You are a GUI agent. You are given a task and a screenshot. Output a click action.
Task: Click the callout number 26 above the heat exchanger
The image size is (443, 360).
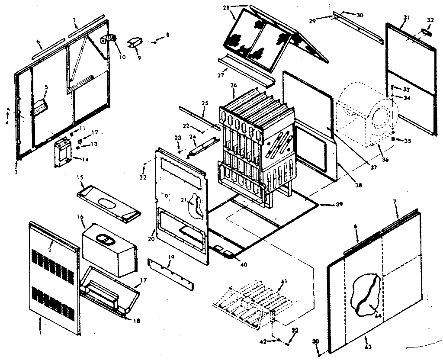pos(233,86)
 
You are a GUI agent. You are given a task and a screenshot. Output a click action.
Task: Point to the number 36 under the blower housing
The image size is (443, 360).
pos(385,160)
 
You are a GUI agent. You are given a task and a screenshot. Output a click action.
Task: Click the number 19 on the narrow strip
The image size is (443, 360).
pos(172,258)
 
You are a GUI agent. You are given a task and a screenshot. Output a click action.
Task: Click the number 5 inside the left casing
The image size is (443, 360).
pos(46,87)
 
